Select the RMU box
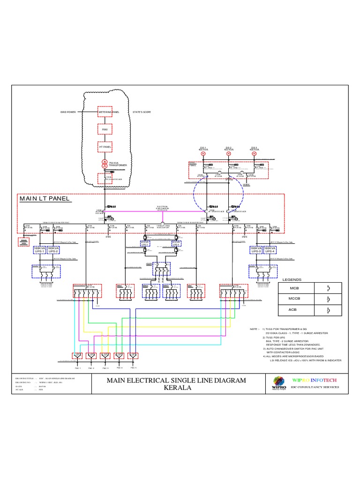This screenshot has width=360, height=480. [x=105, y=129]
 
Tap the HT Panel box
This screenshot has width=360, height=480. [x=105, y=147]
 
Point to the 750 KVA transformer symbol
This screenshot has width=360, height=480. [x=105, y=165]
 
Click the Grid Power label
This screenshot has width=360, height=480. [x=68, y=112]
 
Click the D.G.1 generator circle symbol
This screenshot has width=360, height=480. [x=203, y=153]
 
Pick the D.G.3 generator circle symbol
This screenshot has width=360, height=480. [x=254, y=153]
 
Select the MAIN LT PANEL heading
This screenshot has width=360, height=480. [x=45, y=199]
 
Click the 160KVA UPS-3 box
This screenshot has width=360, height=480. [x=256, y=250]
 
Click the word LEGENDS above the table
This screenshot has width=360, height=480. [x=291, y=279]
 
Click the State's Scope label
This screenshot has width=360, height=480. [x=142, y=112]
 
